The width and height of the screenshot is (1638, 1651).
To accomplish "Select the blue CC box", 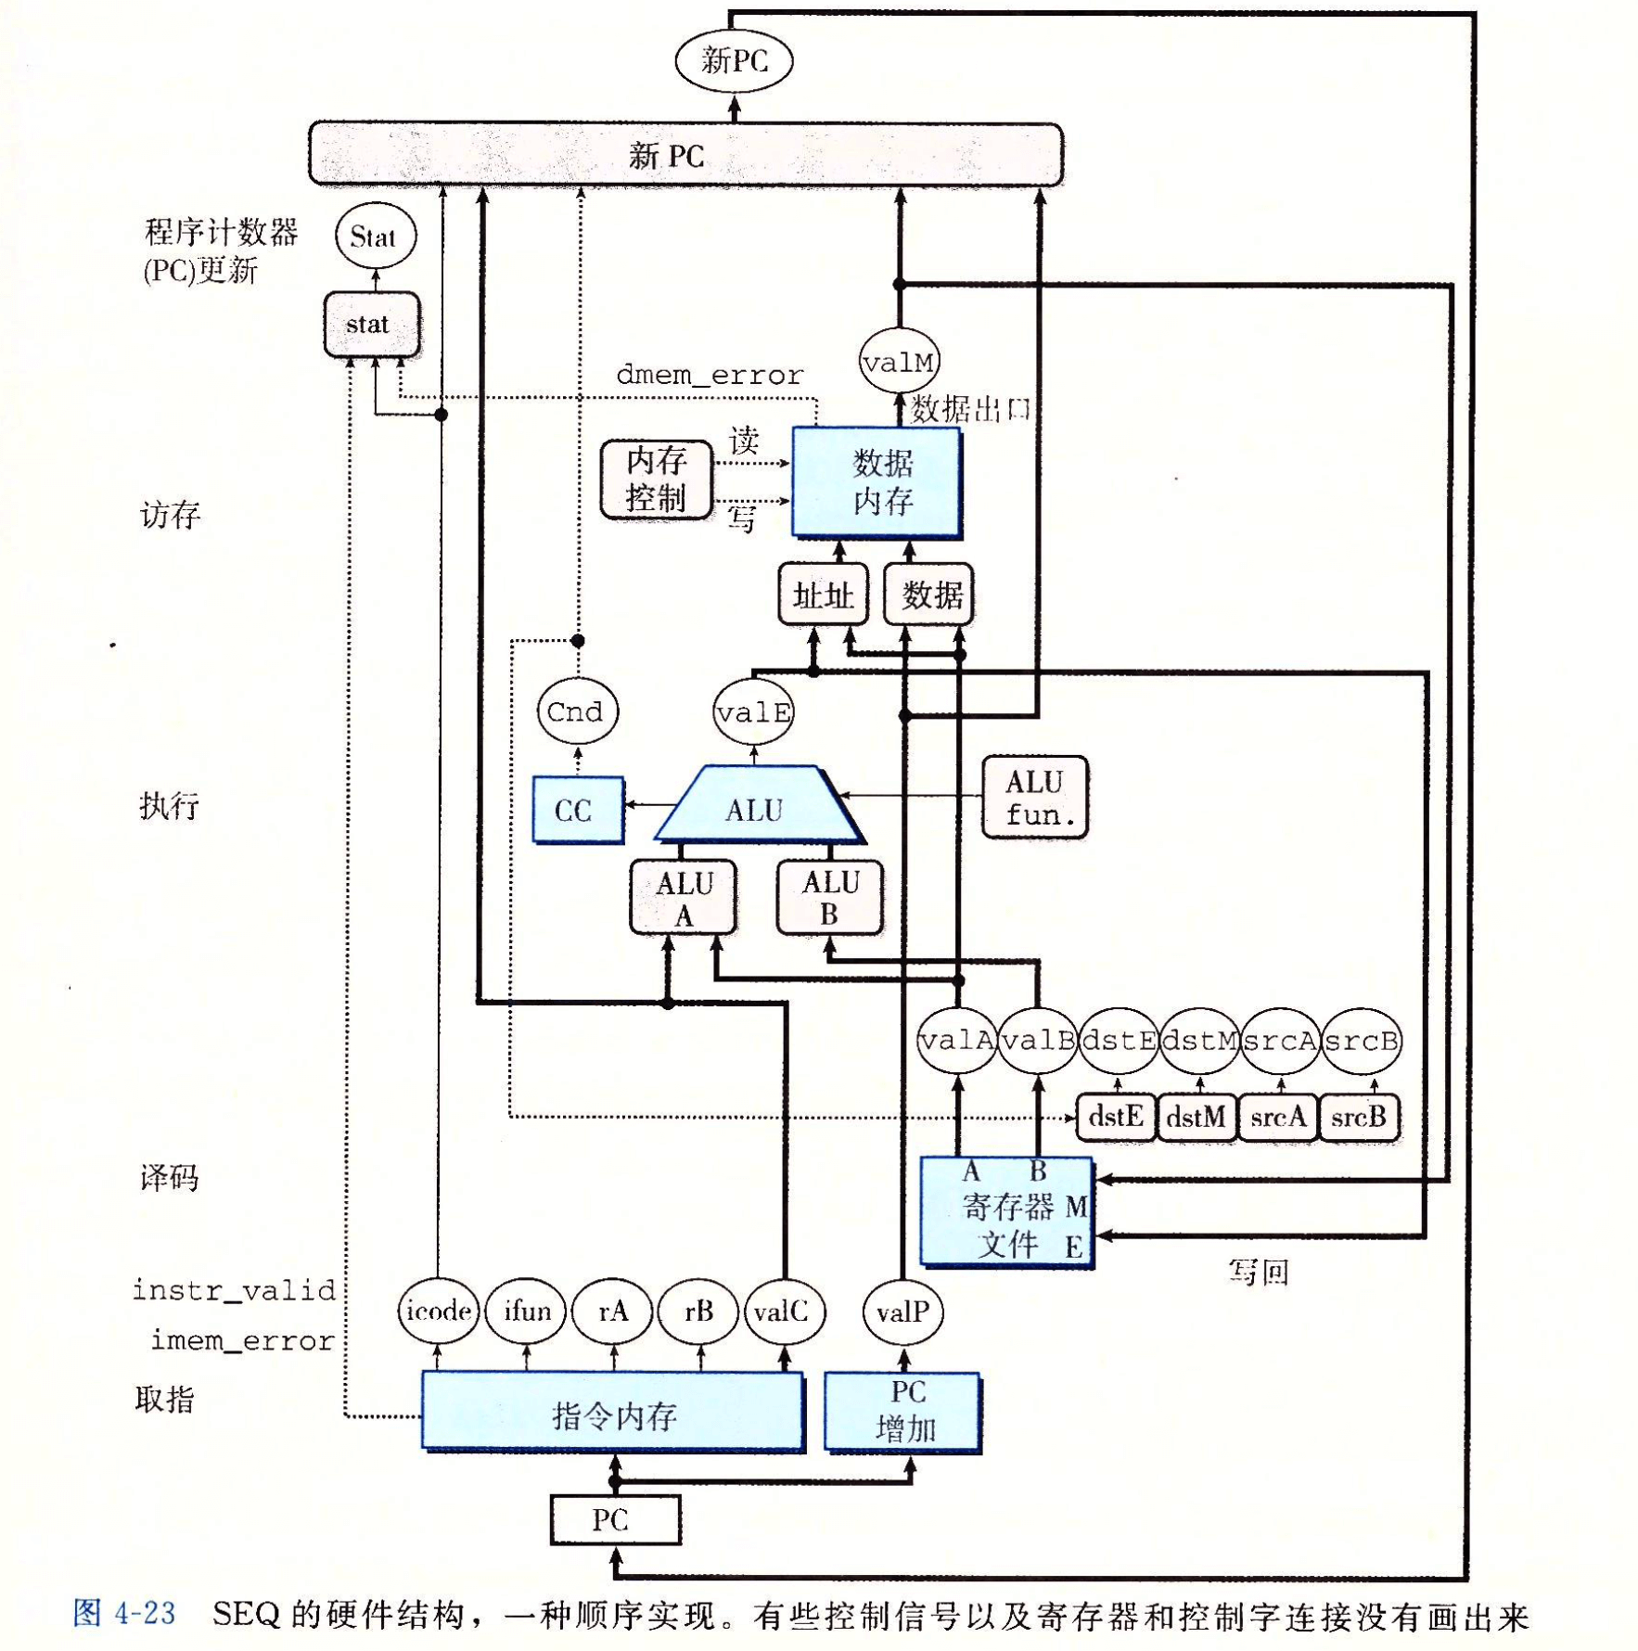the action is [x=577, y=809].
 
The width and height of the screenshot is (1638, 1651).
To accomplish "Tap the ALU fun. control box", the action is [x=1034, y=797].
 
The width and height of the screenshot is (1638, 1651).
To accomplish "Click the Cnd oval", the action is [x=577, y=711].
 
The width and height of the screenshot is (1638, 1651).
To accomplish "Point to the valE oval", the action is [x=753, y=711].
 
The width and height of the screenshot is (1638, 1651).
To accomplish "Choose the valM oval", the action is [x=898, y=361].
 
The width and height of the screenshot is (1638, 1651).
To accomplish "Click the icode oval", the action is [x=438, y=1311].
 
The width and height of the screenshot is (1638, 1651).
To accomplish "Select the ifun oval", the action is [x=526, y=1311].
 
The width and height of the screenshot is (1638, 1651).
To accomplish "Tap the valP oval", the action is [x=902, y=1312].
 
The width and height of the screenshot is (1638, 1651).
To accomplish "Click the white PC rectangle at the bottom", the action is [x=615, y=1519].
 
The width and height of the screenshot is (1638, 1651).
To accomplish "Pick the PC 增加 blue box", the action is [x=902, y=1412].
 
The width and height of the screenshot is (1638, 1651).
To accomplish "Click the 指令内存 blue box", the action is [x=613, y=1412].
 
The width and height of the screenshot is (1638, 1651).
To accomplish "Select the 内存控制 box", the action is [x=656, y=479].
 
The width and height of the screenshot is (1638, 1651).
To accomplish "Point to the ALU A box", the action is [x=684, y=897].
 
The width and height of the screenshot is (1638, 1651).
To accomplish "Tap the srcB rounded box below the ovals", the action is [x=1359, y=1117].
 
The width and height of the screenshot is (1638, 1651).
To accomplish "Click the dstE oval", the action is [x=1119, y=1041].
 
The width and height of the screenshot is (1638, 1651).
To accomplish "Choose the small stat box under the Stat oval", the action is [x=371, y=324].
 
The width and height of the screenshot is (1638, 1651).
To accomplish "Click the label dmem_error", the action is [x=710, y=375].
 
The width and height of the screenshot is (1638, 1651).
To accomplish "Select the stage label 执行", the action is [x=169, y=804].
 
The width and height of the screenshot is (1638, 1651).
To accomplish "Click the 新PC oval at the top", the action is [x=734, y=61].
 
